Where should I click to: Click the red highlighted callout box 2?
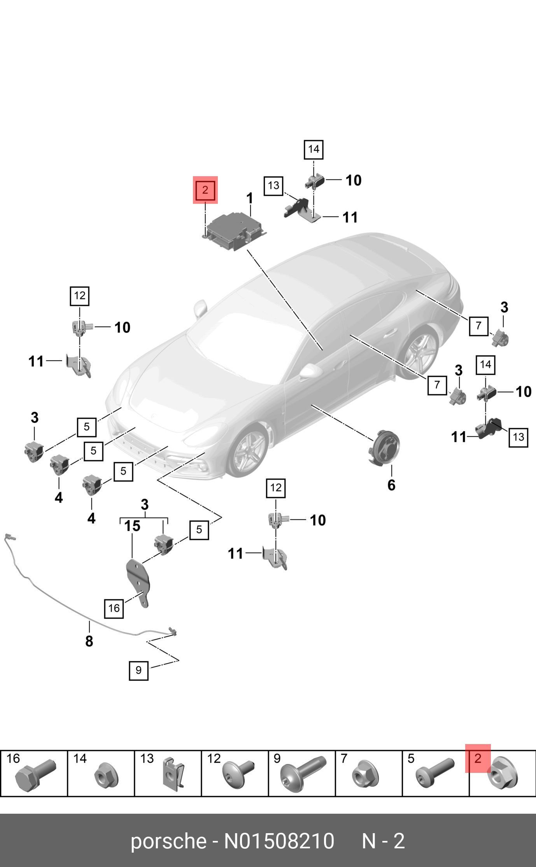click(205, 190)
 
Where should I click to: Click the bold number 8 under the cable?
click(89, 641)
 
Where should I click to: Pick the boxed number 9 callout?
click(138, 670)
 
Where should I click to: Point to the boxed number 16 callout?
click(114, 608)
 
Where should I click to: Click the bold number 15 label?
click(132, 526)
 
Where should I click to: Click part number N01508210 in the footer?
click(279, 841)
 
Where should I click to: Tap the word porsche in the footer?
click(168, 841)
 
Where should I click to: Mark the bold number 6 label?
click(391, 485)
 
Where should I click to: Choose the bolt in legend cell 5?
click(434, 772)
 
